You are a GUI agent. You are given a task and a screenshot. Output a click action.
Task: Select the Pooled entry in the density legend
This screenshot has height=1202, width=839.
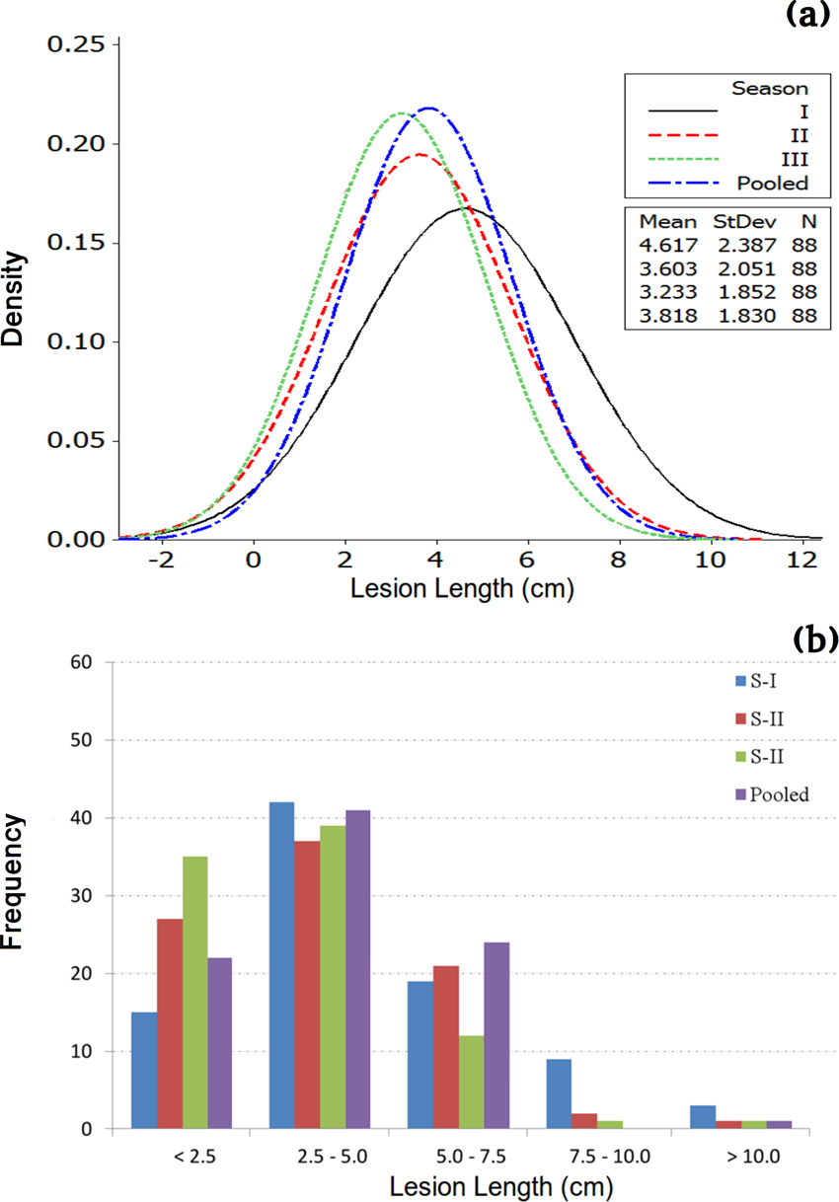(x=772, y=183)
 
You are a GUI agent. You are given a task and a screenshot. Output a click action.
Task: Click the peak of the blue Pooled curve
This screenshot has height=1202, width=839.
(x=429, y=108)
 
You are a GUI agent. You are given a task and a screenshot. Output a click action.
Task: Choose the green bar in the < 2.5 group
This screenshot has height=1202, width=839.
(x=194, y=993)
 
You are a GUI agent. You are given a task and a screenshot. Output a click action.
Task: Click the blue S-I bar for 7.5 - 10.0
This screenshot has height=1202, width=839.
(x=559, y=1093)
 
